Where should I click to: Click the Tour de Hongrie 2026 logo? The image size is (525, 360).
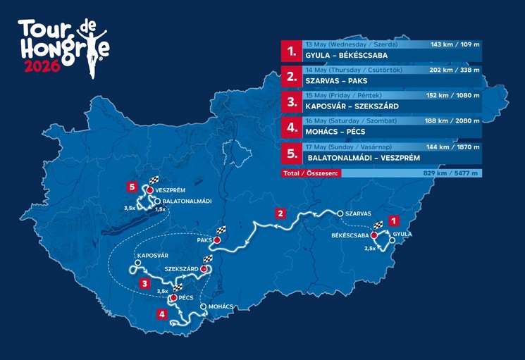63,48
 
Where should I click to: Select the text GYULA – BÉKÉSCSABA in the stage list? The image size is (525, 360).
347,55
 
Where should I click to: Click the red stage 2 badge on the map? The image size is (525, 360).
280,213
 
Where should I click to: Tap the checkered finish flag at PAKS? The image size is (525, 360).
221,231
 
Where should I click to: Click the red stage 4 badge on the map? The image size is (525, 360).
163,314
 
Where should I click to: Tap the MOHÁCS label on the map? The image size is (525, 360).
222,307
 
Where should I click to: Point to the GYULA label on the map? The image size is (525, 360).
402,233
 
